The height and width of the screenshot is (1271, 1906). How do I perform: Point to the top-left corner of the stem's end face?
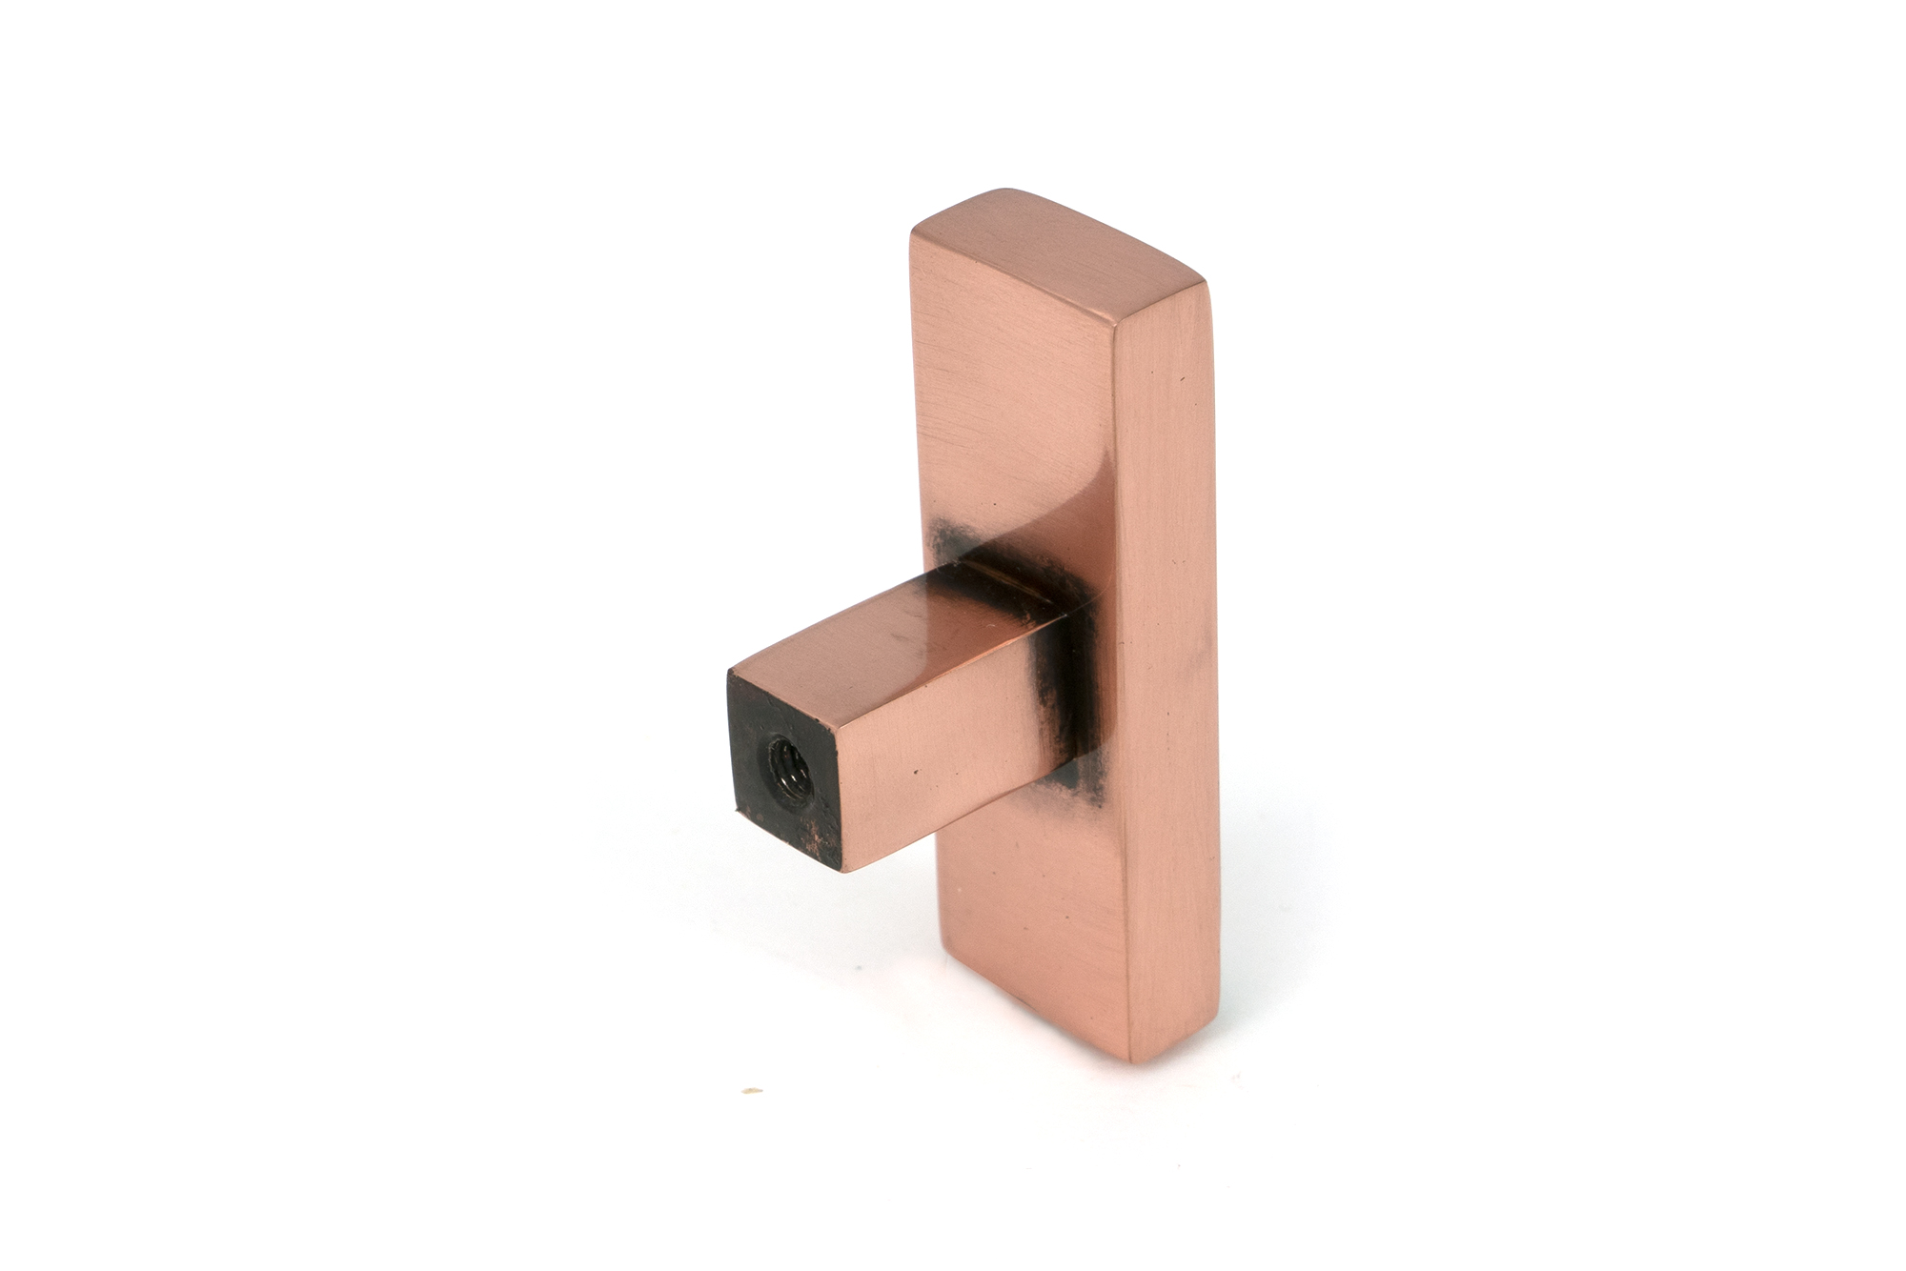click(731, 674)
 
